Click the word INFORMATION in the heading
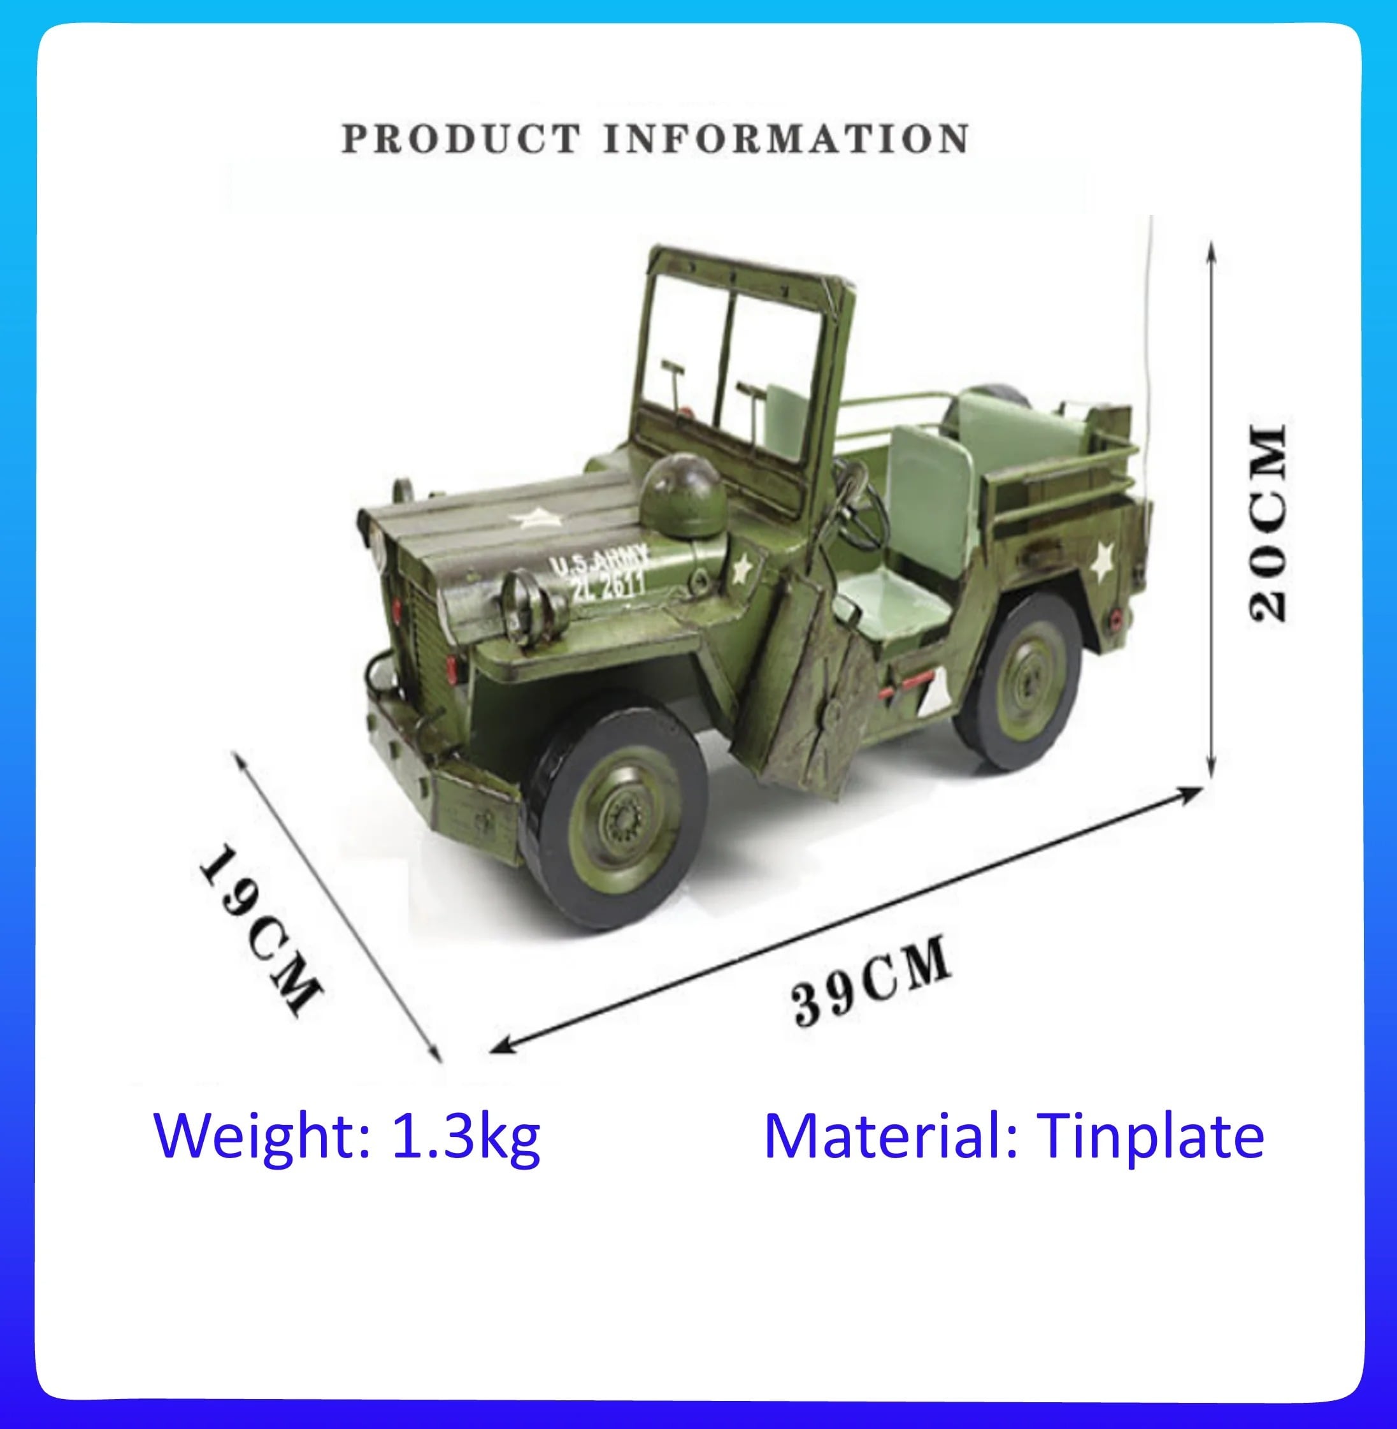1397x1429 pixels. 787,139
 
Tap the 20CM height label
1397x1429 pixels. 1268,523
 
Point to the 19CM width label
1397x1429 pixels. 259,930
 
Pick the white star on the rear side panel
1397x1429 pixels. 1102,562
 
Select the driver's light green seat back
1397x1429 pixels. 930,499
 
